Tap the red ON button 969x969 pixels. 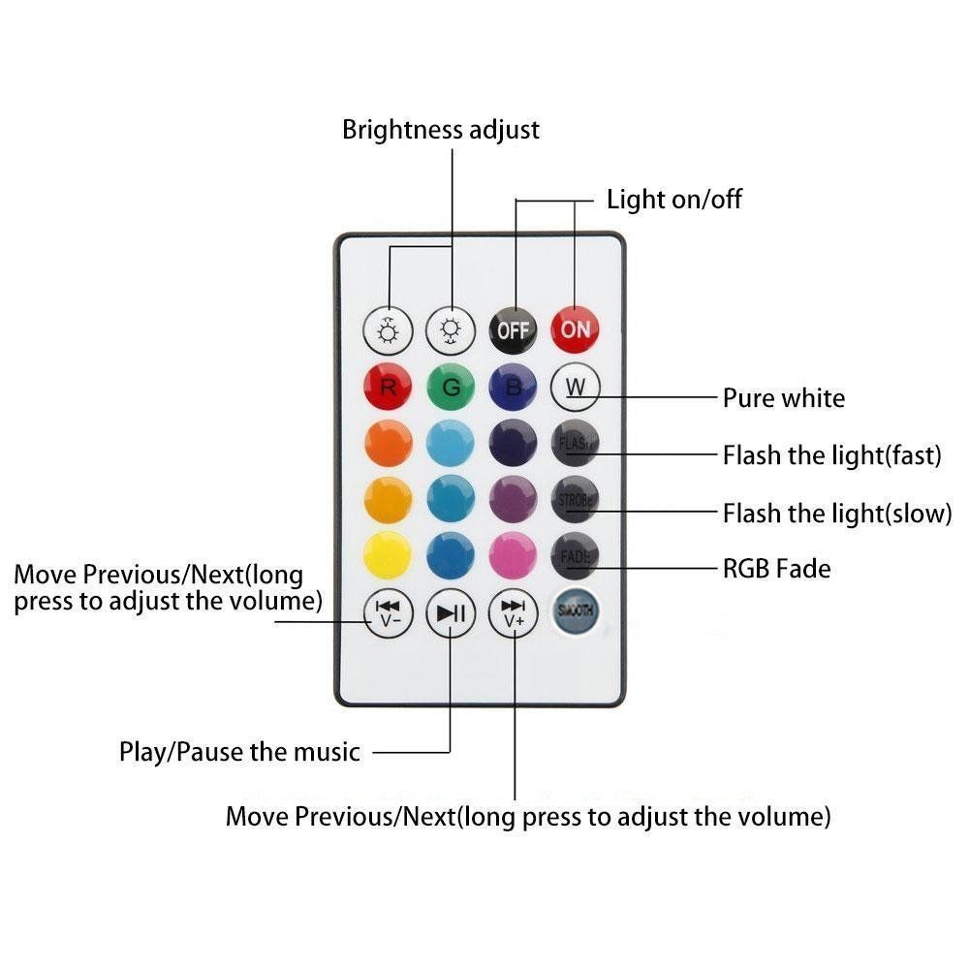point(576,329)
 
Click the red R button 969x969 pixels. point(388,388)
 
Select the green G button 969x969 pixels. point(451,388)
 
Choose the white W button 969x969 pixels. point(576,388)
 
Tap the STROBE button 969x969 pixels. point(576,500)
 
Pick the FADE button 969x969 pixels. point(576,555)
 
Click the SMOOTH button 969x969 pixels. point(576,611)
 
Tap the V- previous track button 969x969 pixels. point(388,612)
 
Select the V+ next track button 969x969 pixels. point(514,612)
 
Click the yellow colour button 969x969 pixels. point(388,555)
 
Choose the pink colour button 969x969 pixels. point(514,555)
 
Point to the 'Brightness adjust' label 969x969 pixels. point(441,130)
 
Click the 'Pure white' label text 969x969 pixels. point(784,398)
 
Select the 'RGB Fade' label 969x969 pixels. point(777,568)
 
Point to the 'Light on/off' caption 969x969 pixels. point(674,200)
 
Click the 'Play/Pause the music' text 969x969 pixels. point(239,751)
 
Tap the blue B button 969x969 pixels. point(514,388)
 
